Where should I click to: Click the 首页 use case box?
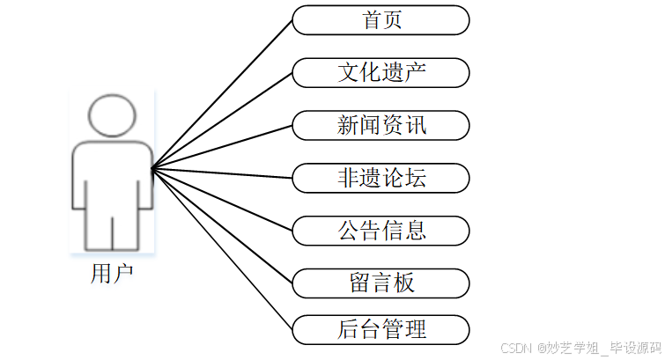coord(381,20)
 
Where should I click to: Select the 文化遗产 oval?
coord(381,72)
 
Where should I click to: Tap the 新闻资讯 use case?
coord(381,125)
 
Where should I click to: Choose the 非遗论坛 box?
coord(381,178)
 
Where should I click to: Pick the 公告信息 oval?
coord(381,231)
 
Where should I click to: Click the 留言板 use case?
coord(381,283)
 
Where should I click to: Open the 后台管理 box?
coord(381,330)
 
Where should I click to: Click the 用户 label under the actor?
coord(112,273)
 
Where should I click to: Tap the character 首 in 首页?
coord(371,20)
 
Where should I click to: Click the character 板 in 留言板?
coord(403,283)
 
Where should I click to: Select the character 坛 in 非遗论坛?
coord(416,178)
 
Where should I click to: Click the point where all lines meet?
coord(152,169)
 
